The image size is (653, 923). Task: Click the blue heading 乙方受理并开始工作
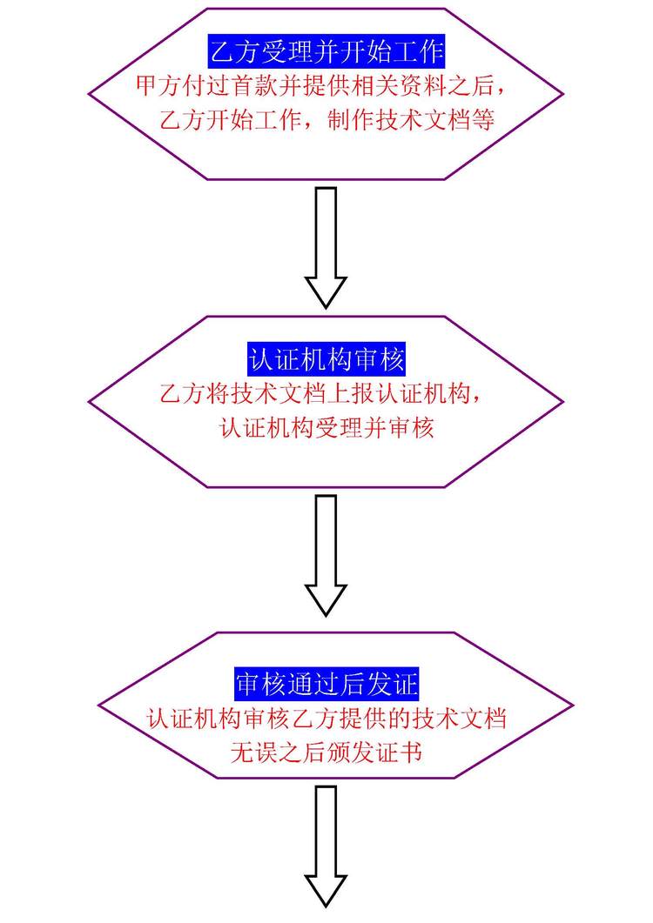tap(326, 53)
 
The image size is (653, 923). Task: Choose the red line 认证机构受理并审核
tap(326, 427)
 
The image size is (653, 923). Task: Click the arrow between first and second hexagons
tap(326, 248)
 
